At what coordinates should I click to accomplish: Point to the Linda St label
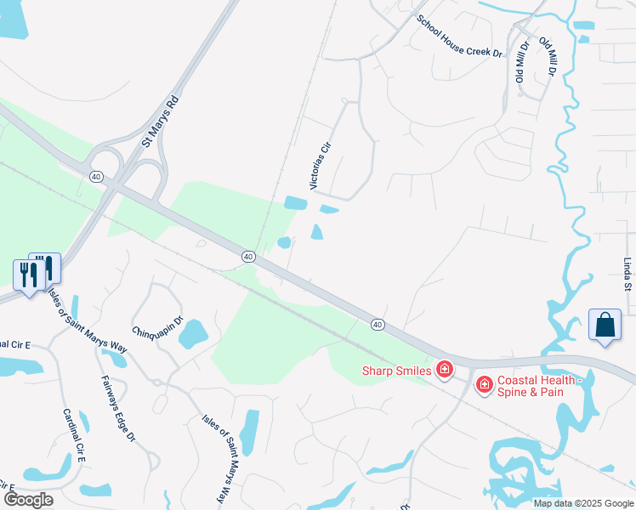click(x=627, y=275)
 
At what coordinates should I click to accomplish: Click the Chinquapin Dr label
click(x=158, y=325)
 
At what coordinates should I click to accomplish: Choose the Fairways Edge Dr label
click(x=118, y=409)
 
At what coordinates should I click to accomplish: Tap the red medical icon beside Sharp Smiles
click(x=444, y=369)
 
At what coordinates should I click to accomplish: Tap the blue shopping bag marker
click(x=605, y=325)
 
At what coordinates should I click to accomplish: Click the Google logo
click(x=28, y=499)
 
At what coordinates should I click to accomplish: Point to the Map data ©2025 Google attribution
click(x=582, y=503)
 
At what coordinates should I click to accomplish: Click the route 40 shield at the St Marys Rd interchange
click(x=96, y=176)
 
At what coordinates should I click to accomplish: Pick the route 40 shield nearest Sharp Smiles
click(x=378, y=324)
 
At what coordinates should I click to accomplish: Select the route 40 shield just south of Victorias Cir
click(x=247, y=256)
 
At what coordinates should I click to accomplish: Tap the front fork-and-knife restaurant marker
click(x=27, y=275)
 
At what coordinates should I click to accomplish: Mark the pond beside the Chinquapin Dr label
click(x=193, y=334)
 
